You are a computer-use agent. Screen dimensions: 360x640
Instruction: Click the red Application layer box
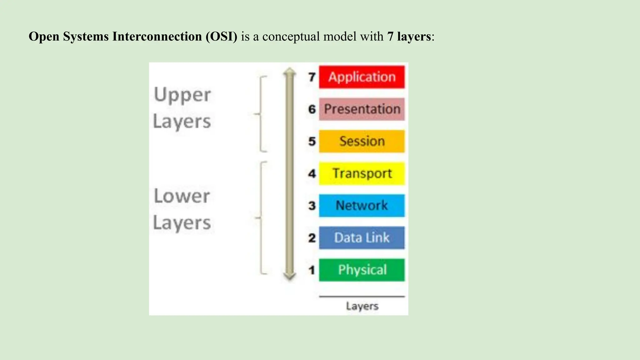click(x=362, y=77)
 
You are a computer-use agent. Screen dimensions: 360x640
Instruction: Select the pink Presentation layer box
click(x=362, y=109)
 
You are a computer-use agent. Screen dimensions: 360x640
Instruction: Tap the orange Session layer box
click(x=362, y=141)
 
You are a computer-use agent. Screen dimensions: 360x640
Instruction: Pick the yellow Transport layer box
click(x=362, y=173)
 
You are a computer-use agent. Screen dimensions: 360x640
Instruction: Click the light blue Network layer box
click(x=362, y=206)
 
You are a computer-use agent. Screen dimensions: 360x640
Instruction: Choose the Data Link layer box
click(x=362, y=238)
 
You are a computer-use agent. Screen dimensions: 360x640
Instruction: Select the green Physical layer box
click(x=362, y=270)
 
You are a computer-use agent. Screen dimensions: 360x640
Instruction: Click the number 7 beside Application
click(x=312, y=77)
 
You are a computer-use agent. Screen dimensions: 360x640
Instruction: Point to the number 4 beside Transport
click(x=312, y=173)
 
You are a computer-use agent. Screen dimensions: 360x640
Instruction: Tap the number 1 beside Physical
click(x=312, y=270)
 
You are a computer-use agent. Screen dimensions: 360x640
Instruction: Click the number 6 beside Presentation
click(x=312, y=109)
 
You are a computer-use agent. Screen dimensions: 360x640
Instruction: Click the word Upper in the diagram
click(x=182, y=95)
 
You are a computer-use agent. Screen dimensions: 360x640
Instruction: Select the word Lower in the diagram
click(x=182, y=196)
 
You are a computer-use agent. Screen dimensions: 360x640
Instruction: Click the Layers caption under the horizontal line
click(x=362, y=306)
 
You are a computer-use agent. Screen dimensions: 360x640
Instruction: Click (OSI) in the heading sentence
click(x=221, y=37)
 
